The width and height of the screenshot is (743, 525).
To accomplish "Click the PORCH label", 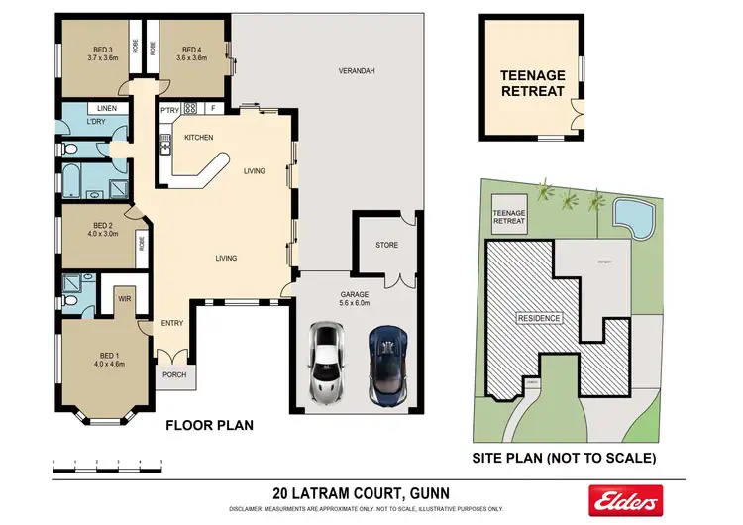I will [174, 374].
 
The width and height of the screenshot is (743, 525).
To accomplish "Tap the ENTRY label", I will [172, 323].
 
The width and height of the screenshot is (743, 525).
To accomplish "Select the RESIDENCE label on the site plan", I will [539, 318].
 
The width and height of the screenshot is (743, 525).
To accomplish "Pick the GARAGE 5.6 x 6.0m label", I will [355, 298].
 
